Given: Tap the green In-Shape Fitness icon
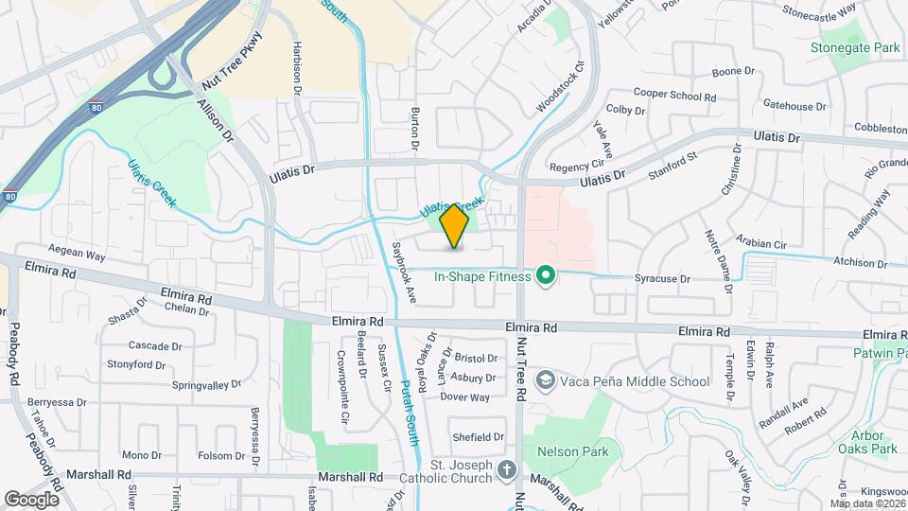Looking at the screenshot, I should pyautogui.click(x=545, y=276).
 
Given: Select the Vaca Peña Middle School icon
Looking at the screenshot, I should pyautogui.click(x=545, y=381).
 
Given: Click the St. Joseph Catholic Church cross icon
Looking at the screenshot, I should pyautogui.click(x=507, y=470).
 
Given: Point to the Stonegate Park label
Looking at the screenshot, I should pyautogui.click(x=854, y=47).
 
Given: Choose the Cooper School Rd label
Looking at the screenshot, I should pyautogui.click(x=674, y=96).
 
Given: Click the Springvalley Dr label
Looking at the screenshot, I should pyautogui.click(x=208, y=385).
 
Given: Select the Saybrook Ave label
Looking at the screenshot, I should pyautogui.click(x=405, y=273).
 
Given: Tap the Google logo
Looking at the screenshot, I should pyautogui.click(x=31, y=499).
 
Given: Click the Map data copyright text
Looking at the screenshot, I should pyautogui.click(x=865, y=503).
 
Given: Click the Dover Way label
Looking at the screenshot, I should pyautogui.click(x=465, y=397).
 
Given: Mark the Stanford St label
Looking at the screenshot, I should pyautogui.click(x=672, y=165).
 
